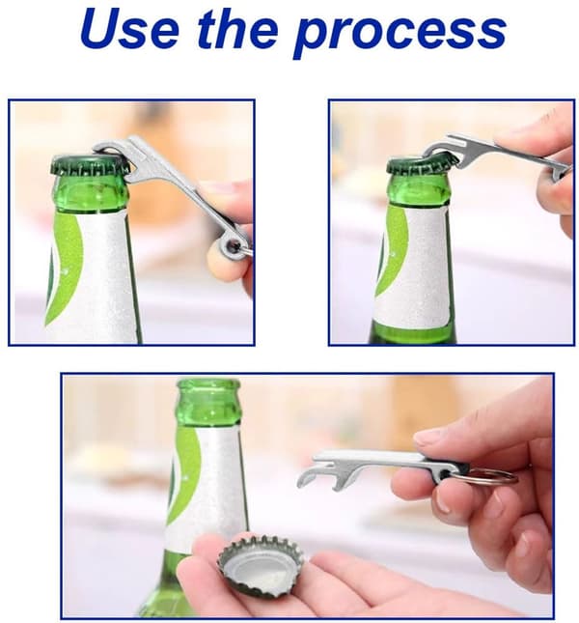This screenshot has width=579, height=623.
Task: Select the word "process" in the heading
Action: (x=400, y=35)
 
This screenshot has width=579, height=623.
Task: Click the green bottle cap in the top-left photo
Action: (x=91, y=166)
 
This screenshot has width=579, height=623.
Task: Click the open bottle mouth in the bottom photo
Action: (x=207, y=384)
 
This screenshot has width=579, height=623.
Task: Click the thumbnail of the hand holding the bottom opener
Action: (x=427, y=438)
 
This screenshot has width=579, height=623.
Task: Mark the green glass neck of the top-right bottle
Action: (x=418, y=189)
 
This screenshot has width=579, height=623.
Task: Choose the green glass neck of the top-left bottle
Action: (x=91, y=194)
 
